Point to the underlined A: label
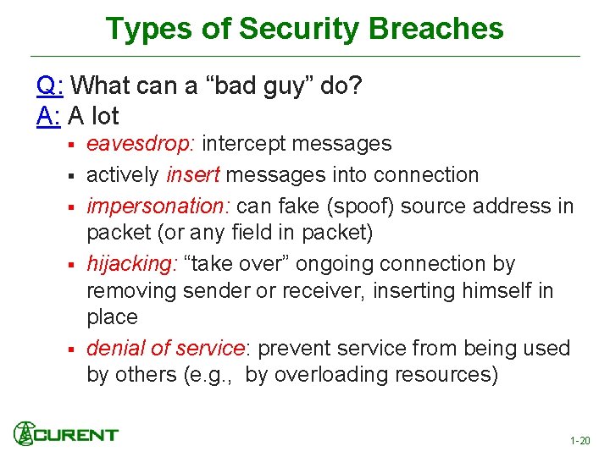[x=49, y=115]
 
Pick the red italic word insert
[x=193, y=175]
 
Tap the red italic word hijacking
[x=130, y=264]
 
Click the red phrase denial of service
[x=165, y=348]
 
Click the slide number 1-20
[x=580, y=441]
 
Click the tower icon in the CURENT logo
[x=24, y=433]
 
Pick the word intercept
[x=238, y=144]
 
